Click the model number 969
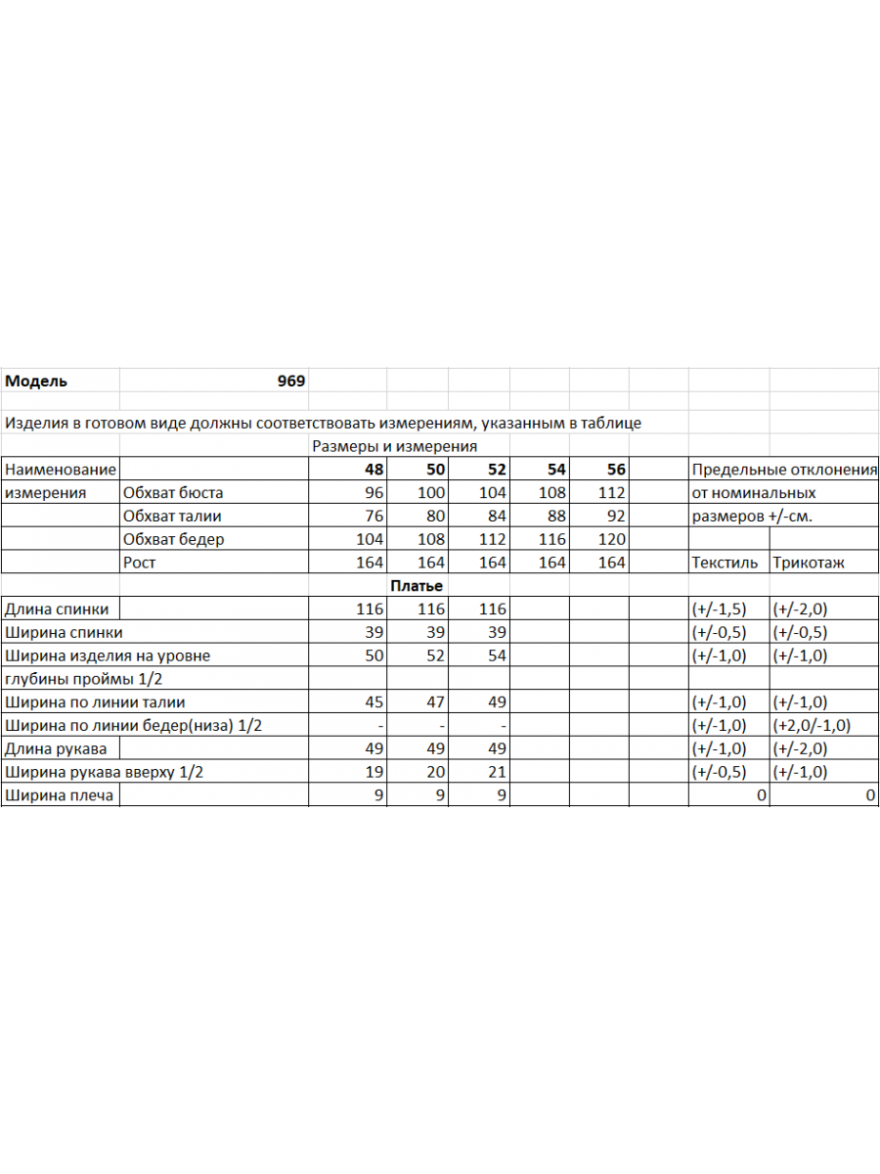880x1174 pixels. pos(290,382)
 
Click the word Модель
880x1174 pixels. pos(36,382)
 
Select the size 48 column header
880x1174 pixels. pos(373,470)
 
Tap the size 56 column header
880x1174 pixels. pos(615,470)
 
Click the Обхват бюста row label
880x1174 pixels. pos(173,493)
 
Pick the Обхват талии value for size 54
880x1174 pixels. pos(552,516)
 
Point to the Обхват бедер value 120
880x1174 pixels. pos(611,539)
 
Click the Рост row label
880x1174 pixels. pos(139,563)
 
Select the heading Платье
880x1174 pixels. pos(417,586)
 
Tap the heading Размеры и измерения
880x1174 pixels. pos(394,446)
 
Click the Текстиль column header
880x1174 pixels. pos(725,563)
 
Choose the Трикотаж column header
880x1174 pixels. pos(809,563)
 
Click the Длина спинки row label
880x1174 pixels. pos(57,610)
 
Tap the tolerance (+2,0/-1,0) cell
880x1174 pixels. pos(812,726)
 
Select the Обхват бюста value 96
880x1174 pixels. pos(374,493)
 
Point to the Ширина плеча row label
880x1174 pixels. pos(59,795)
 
